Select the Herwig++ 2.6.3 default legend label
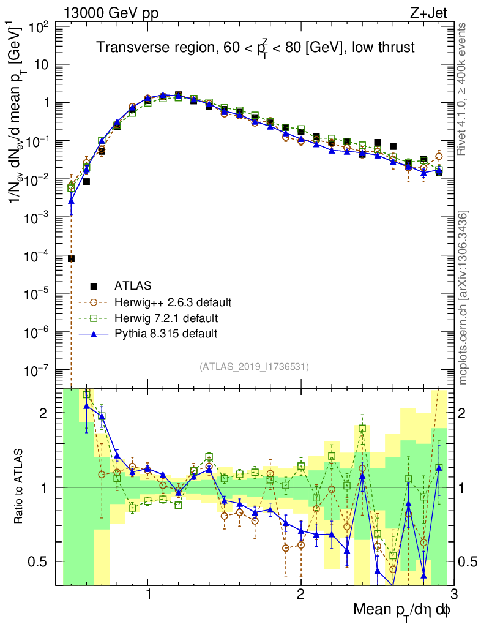coord(173,302)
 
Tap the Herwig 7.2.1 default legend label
coord(166,318)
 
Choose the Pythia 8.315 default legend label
coord(166,334)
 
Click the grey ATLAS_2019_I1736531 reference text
coord(253,367)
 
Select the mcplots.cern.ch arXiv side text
coord(464,297)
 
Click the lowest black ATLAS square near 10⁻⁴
coord(71,259)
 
